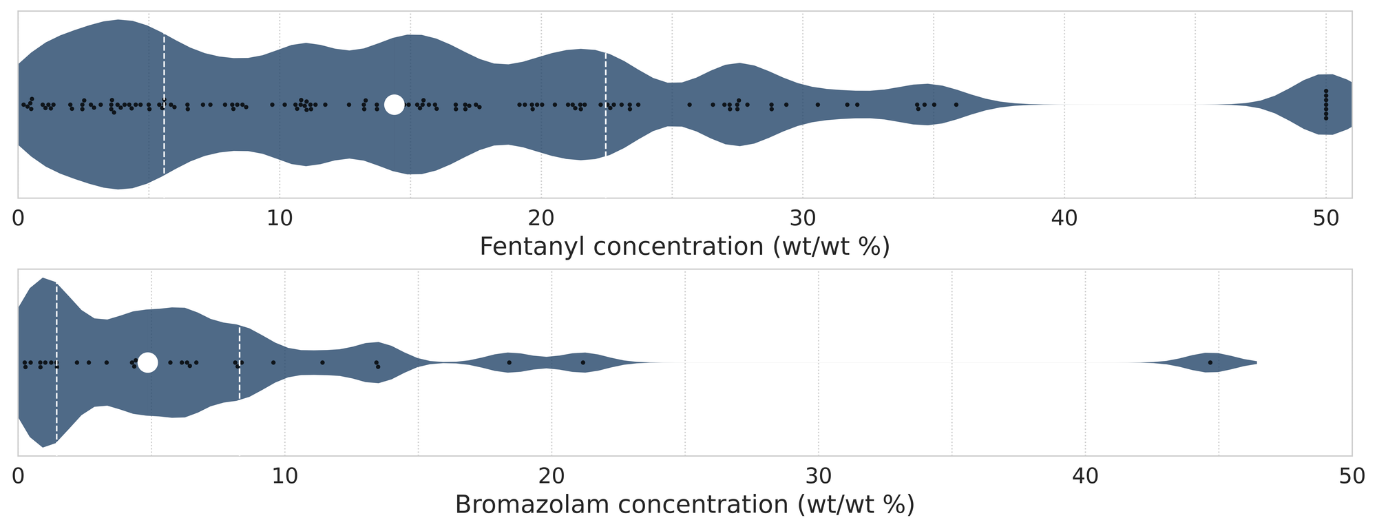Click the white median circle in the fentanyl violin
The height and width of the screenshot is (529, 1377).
tap(394, 105)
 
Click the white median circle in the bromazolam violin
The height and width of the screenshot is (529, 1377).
tap(147, 362)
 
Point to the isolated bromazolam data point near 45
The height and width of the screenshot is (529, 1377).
tap(1210, 362)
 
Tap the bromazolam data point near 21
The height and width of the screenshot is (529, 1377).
tap(582, 362)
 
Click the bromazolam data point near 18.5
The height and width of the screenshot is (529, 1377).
tap(509, 362)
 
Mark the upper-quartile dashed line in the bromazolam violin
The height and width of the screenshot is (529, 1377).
tap(239, 362)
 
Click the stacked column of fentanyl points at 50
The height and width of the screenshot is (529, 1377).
tap(1326, 105)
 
